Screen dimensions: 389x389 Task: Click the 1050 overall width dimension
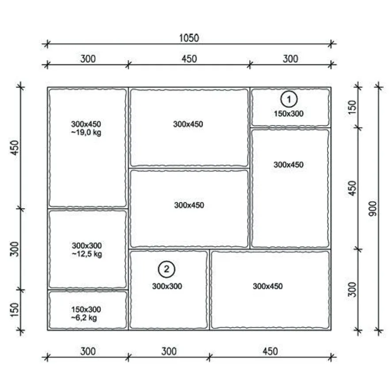pos(189,38)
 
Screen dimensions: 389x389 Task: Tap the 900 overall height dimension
pos(373,209)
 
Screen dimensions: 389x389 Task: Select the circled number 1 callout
pos(289,99)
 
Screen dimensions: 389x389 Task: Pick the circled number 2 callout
pos(167,269)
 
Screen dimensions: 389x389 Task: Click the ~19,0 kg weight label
pos(86,133)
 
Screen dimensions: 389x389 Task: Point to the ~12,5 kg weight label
pos(87,254)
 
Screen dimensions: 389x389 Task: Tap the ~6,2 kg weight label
pos(84,318)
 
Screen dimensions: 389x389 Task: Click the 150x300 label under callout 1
pos(289,114)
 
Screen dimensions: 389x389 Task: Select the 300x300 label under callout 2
pos(167,286)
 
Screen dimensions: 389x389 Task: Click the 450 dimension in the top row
pos(189,59)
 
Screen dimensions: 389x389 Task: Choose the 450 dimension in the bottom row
pos(270,351)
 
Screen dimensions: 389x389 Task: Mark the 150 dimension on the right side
pos(352,107)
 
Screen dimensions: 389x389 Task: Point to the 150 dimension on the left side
pos(15,309)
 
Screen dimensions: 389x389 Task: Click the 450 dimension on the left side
pos(15,148)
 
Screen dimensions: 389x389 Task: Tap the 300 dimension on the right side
pos(352,289)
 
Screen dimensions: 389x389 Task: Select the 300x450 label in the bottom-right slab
pos(268,286)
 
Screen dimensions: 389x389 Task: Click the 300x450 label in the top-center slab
pos(188,124)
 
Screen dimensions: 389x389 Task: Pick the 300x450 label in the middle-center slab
pos(189,205)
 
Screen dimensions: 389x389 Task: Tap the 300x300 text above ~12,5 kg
pos(87,246)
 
